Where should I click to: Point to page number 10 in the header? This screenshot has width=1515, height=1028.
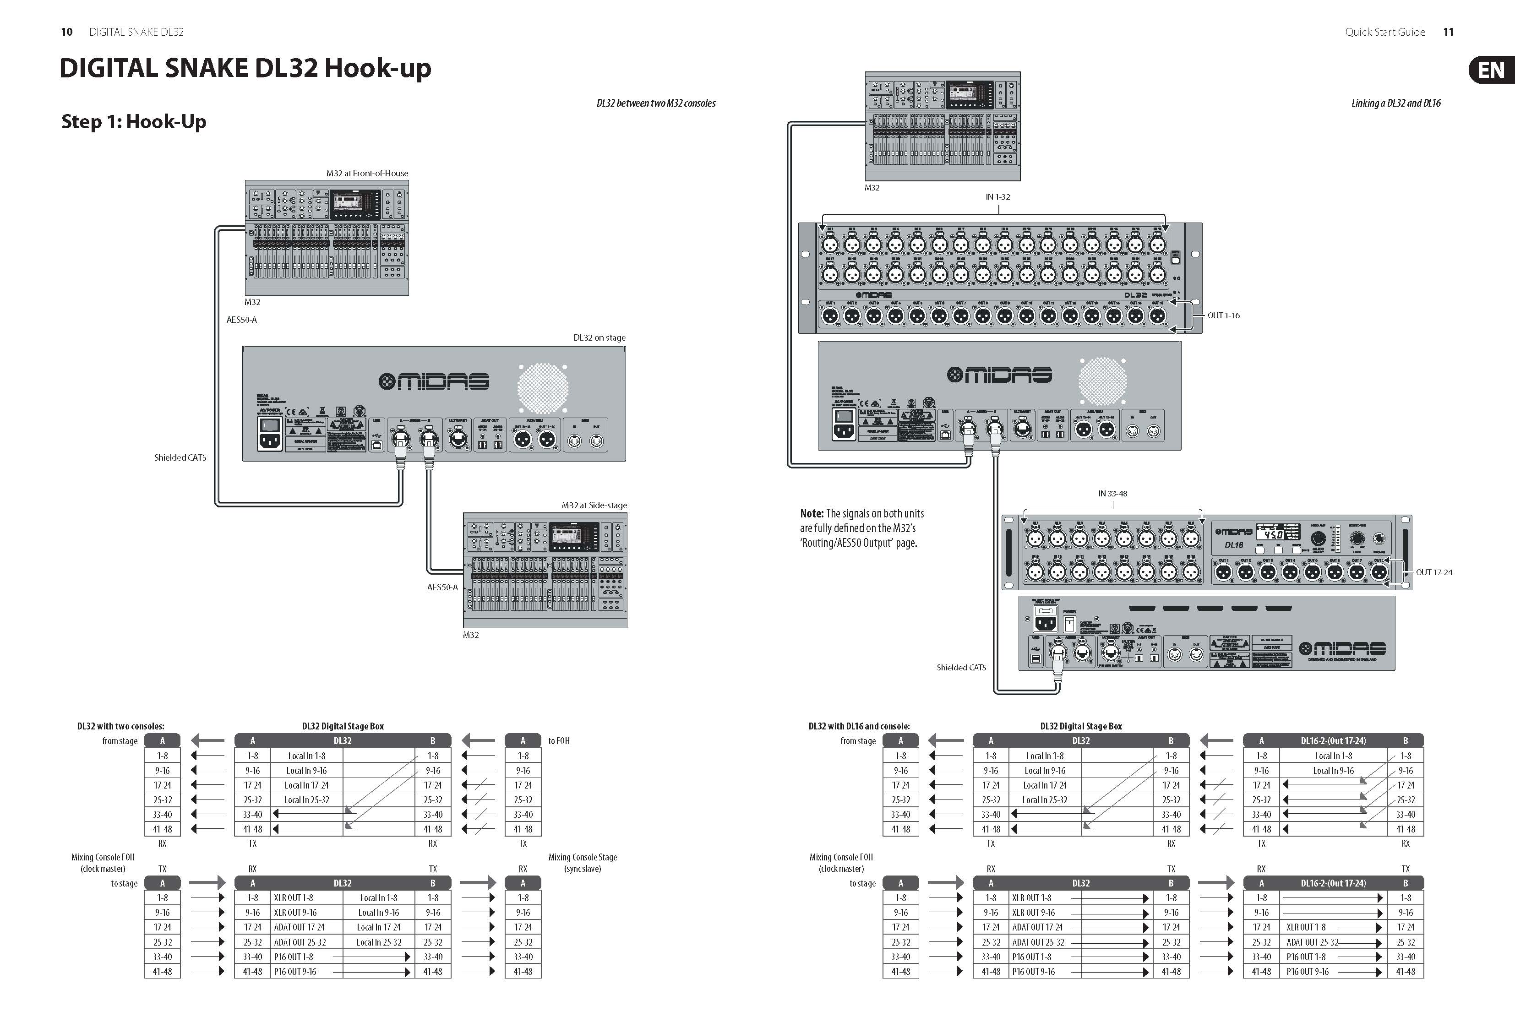pos(66,32)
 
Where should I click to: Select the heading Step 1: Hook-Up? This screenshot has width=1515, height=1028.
pos(134,121)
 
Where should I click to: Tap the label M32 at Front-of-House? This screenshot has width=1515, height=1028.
pos(367,174)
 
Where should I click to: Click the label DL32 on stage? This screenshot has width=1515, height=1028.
pos(599,337)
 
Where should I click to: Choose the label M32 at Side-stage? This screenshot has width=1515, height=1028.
pos(594,505)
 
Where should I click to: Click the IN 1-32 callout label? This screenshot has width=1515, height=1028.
pos(997,197)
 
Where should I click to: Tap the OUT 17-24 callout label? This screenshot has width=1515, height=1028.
pos(1433,572)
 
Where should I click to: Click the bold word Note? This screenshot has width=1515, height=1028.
pos(812,514)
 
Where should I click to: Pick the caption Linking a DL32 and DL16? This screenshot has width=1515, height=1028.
pos(1396,103)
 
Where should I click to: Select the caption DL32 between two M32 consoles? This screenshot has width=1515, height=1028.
pos(656,103)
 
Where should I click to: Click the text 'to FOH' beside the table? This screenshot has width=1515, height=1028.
pos(559,741)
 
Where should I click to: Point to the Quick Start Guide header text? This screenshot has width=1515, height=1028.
pos(1384,32)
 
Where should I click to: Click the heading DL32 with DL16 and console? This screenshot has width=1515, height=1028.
pos(859,726)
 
